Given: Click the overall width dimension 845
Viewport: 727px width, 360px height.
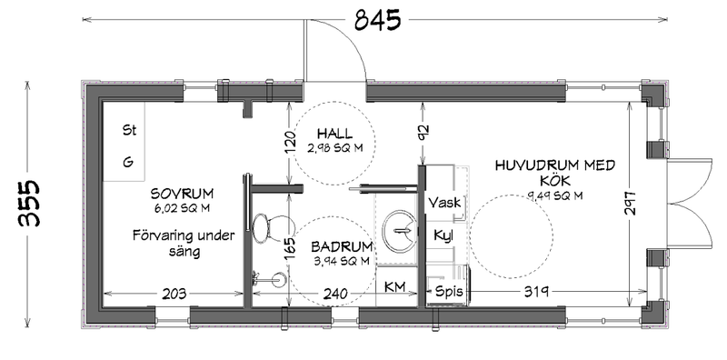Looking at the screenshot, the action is [x=377, y=20].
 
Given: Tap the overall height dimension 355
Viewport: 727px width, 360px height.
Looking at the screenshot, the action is [x=29, y=204].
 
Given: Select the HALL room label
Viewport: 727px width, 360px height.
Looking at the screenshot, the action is [x=334, y=134].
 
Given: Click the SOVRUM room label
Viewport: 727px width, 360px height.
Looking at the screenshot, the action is [x=183, y=193].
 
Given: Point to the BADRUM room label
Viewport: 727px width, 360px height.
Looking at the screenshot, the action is [x=343, y=246].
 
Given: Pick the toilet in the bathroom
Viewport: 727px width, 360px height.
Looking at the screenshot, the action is [x=261, y=228].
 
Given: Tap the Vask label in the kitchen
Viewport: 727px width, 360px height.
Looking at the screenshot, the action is [x=444, y=202].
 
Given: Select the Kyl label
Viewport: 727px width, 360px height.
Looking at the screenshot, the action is [x=443, y=235].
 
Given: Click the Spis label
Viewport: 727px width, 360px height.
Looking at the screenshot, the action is [x=449, y=291].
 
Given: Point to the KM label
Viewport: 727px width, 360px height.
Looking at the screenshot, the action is [x=394, y=287].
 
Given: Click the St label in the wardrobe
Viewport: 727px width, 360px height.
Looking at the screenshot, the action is [x=129, y=130].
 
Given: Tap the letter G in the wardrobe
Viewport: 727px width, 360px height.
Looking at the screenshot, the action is [x=128, y=162].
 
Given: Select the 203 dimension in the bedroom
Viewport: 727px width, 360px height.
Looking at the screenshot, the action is [x=174, y=294].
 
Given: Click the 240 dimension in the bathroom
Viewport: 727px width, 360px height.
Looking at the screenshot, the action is [x=335, y=294].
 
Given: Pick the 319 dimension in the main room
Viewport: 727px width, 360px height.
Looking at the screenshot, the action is [x=537, y=292].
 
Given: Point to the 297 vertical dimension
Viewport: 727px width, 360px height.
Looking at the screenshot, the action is [x=630, y=203].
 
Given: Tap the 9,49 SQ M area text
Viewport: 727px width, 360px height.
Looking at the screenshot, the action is [x=555, y=195].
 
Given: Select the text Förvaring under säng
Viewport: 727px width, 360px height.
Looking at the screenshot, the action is [x=184, y=244].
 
